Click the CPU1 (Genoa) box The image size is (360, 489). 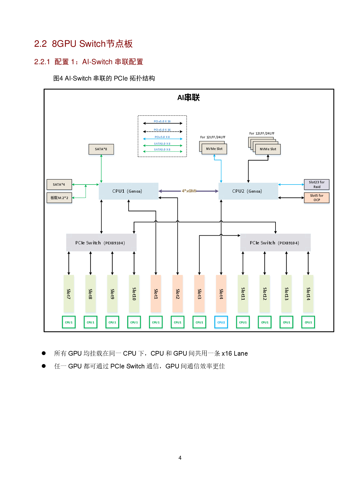click(128, 191)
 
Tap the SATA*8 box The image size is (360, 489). click(101, 149)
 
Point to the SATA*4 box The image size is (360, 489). click(59, 185)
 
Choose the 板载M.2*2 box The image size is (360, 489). click(59, 198)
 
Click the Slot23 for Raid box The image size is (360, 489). click(316, 185)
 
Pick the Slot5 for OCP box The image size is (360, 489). click(316, 198)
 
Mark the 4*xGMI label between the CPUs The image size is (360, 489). click(189, 191)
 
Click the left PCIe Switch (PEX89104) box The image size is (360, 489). click(101, 243)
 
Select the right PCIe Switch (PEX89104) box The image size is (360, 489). click(275, 243)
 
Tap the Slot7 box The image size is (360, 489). click(69, 294)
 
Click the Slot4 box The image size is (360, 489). click(221, 294)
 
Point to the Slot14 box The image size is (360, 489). click(308, 294)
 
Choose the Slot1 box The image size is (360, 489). click(156, 294)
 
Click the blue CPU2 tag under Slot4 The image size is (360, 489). click(221, 322)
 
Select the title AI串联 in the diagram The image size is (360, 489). click(188, 98)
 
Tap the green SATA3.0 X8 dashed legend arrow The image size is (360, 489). click(163, 151)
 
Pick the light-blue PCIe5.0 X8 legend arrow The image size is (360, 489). click(163, 139)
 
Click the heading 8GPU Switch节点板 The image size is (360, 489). click(92, 44)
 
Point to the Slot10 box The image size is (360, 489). click(134, 294)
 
